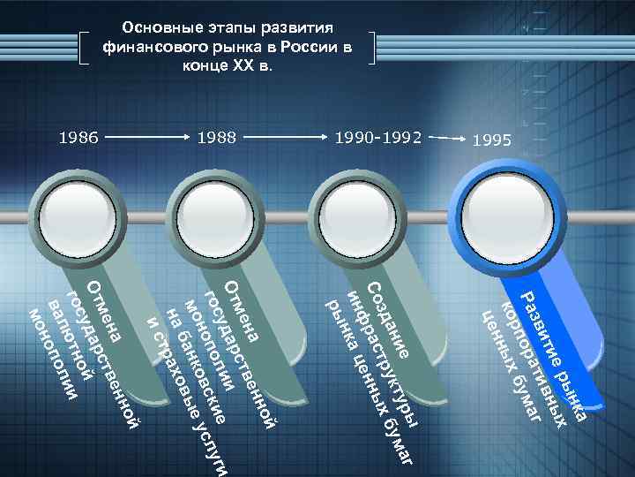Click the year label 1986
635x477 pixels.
click(x=78, y=138)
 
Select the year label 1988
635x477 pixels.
click(x=217, y=138)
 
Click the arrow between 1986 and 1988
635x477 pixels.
click(x=147, y=139)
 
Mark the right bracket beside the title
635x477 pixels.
click(x=373, y=48)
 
